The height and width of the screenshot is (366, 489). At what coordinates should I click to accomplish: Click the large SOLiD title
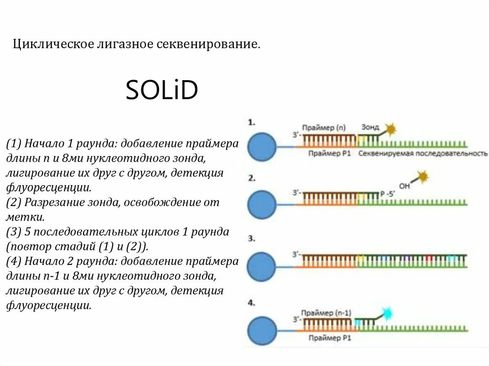161,90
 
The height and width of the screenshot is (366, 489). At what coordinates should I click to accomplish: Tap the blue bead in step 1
262,146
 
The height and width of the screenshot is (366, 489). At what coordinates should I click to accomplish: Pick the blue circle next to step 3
262,266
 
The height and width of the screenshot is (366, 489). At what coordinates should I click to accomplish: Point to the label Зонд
370,127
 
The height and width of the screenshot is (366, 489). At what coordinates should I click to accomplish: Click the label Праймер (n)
327,127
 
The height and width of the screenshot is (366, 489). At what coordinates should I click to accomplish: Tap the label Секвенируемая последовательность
423,154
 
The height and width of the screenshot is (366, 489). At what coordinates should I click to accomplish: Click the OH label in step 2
404,186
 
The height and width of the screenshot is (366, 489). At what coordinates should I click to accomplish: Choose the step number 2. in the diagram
252,178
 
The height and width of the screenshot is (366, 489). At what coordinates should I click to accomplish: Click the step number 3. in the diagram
252,238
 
